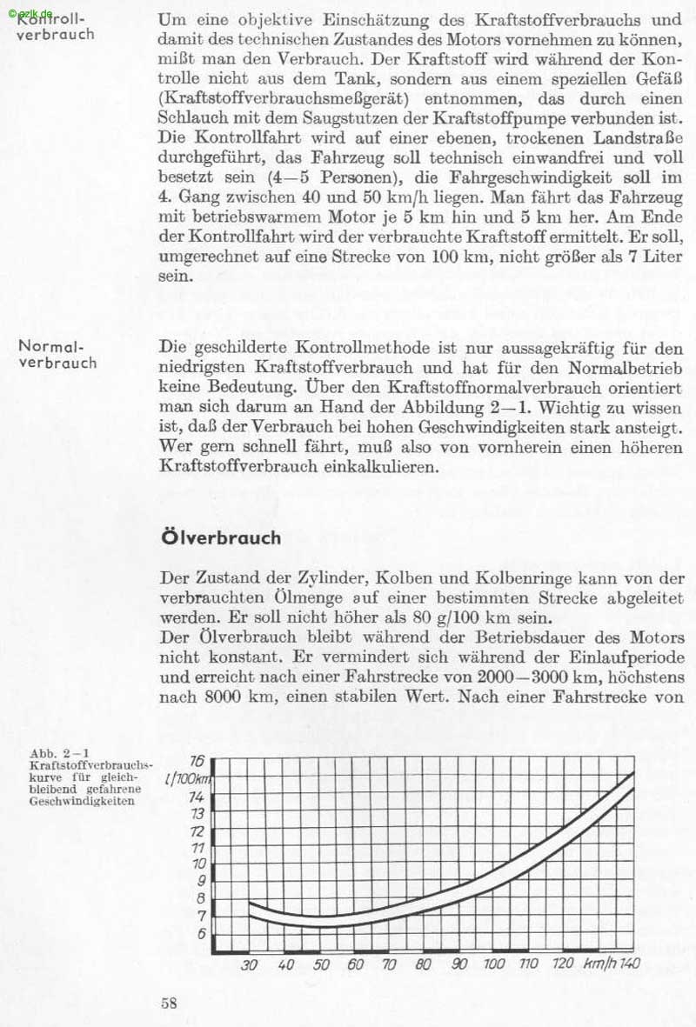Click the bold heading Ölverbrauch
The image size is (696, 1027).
(x=221, y=537)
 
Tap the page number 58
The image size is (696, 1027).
(x=170, y=1002)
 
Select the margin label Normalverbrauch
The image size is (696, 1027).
(x=57, y=355)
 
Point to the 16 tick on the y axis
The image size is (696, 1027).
(x=197, y=760)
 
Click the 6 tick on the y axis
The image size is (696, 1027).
(x=201, y=933)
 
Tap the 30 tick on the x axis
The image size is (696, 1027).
(x=250, y=964)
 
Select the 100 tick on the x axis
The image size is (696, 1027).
(x=493, y=964)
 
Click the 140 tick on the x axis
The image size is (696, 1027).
(x=631, y=964)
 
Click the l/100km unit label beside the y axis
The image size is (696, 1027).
(x=183, y=778)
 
